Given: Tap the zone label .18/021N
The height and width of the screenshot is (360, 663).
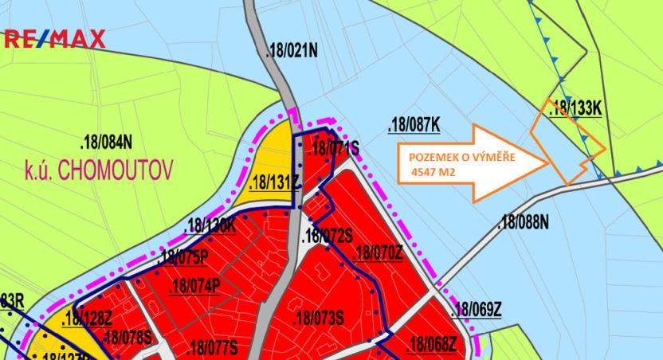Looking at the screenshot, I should click(x=292, y=52).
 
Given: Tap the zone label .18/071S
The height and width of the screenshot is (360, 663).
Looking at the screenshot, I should click(x=332, y=148).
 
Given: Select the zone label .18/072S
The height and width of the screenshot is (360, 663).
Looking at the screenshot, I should click(x=328, y=237).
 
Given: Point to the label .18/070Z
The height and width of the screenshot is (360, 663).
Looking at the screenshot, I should click(x=379, y=253).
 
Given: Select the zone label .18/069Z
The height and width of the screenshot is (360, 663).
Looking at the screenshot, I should click(x=477, y=310).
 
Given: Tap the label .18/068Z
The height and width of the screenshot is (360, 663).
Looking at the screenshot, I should click(x=431, y=345).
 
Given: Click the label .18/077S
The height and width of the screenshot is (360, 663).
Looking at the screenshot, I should click(x=212, y=347).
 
